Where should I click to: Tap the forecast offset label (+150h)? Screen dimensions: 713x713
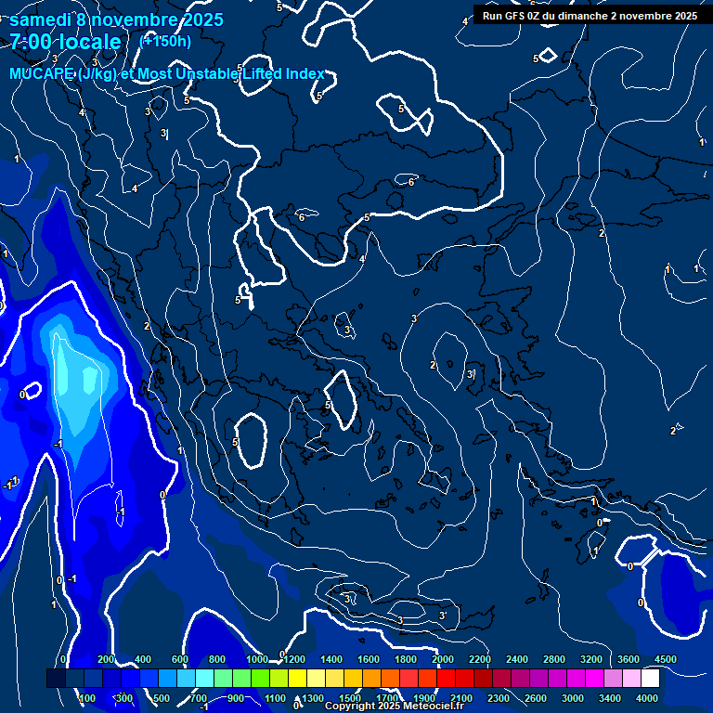pyautogui.click(x=165, y=41)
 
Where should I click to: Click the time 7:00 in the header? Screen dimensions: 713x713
pyautogui.click(x=31, y=42)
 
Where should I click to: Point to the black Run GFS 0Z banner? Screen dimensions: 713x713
pyautogui.click(x=590, y=16)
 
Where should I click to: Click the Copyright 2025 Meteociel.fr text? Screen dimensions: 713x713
pyautogui.click(x=394, y=707)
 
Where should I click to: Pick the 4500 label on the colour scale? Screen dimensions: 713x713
pyautogui.click(x=665, y=659)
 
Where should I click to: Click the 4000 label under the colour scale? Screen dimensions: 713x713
pyautogui.click(x=647, y=698)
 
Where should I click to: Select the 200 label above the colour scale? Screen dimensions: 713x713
pyautogui.click(x=106, y=659)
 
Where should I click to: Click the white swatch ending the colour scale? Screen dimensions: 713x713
pyautogui.click(x=650, y=679)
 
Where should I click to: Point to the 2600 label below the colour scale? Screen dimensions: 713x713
pyautogui.click(x=536, y=698)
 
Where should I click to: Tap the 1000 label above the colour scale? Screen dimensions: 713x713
pyautogui.click(x=256, y=659)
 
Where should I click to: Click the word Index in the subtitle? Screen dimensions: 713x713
pyautogui.click(x=305, y=74)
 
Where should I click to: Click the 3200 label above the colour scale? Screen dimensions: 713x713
pyautogui.click(x=590, y=659)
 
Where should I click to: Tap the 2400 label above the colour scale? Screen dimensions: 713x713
pyautogui.click(x=517, y=659)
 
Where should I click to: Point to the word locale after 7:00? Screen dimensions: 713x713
pyautogui.click(x=89, y=42)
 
